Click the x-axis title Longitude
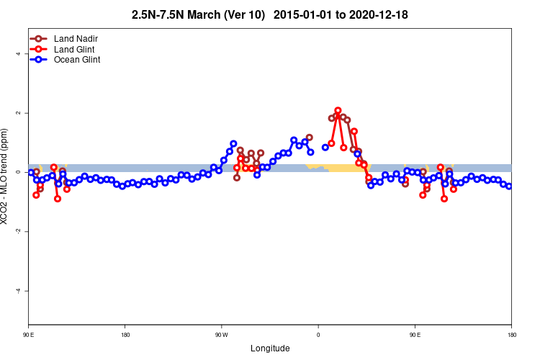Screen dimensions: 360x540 click(x=270, y=348)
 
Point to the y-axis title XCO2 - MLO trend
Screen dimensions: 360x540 click(x=6, y=176)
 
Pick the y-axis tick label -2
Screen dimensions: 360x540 click(x=17, y=231)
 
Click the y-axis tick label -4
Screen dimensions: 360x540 click(x=17, y=290)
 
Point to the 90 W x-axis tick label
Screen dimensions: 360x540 click(x=221, y=335)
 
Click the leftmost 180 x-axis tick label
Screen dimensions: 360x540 click(x=125, y=335)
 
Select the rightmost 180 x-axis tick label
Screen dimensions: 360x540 click(x=511, y=335)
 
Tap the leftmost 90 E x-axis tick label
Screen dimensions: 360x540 click(x=28, y=335)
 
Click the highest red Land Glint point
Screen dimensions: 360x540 click(x=338, y=111)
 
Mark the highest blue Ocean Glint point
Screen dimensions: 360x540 click(x=294, y=140)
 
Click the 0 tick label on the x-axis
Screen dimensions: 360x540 click(x=318, y=335)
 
